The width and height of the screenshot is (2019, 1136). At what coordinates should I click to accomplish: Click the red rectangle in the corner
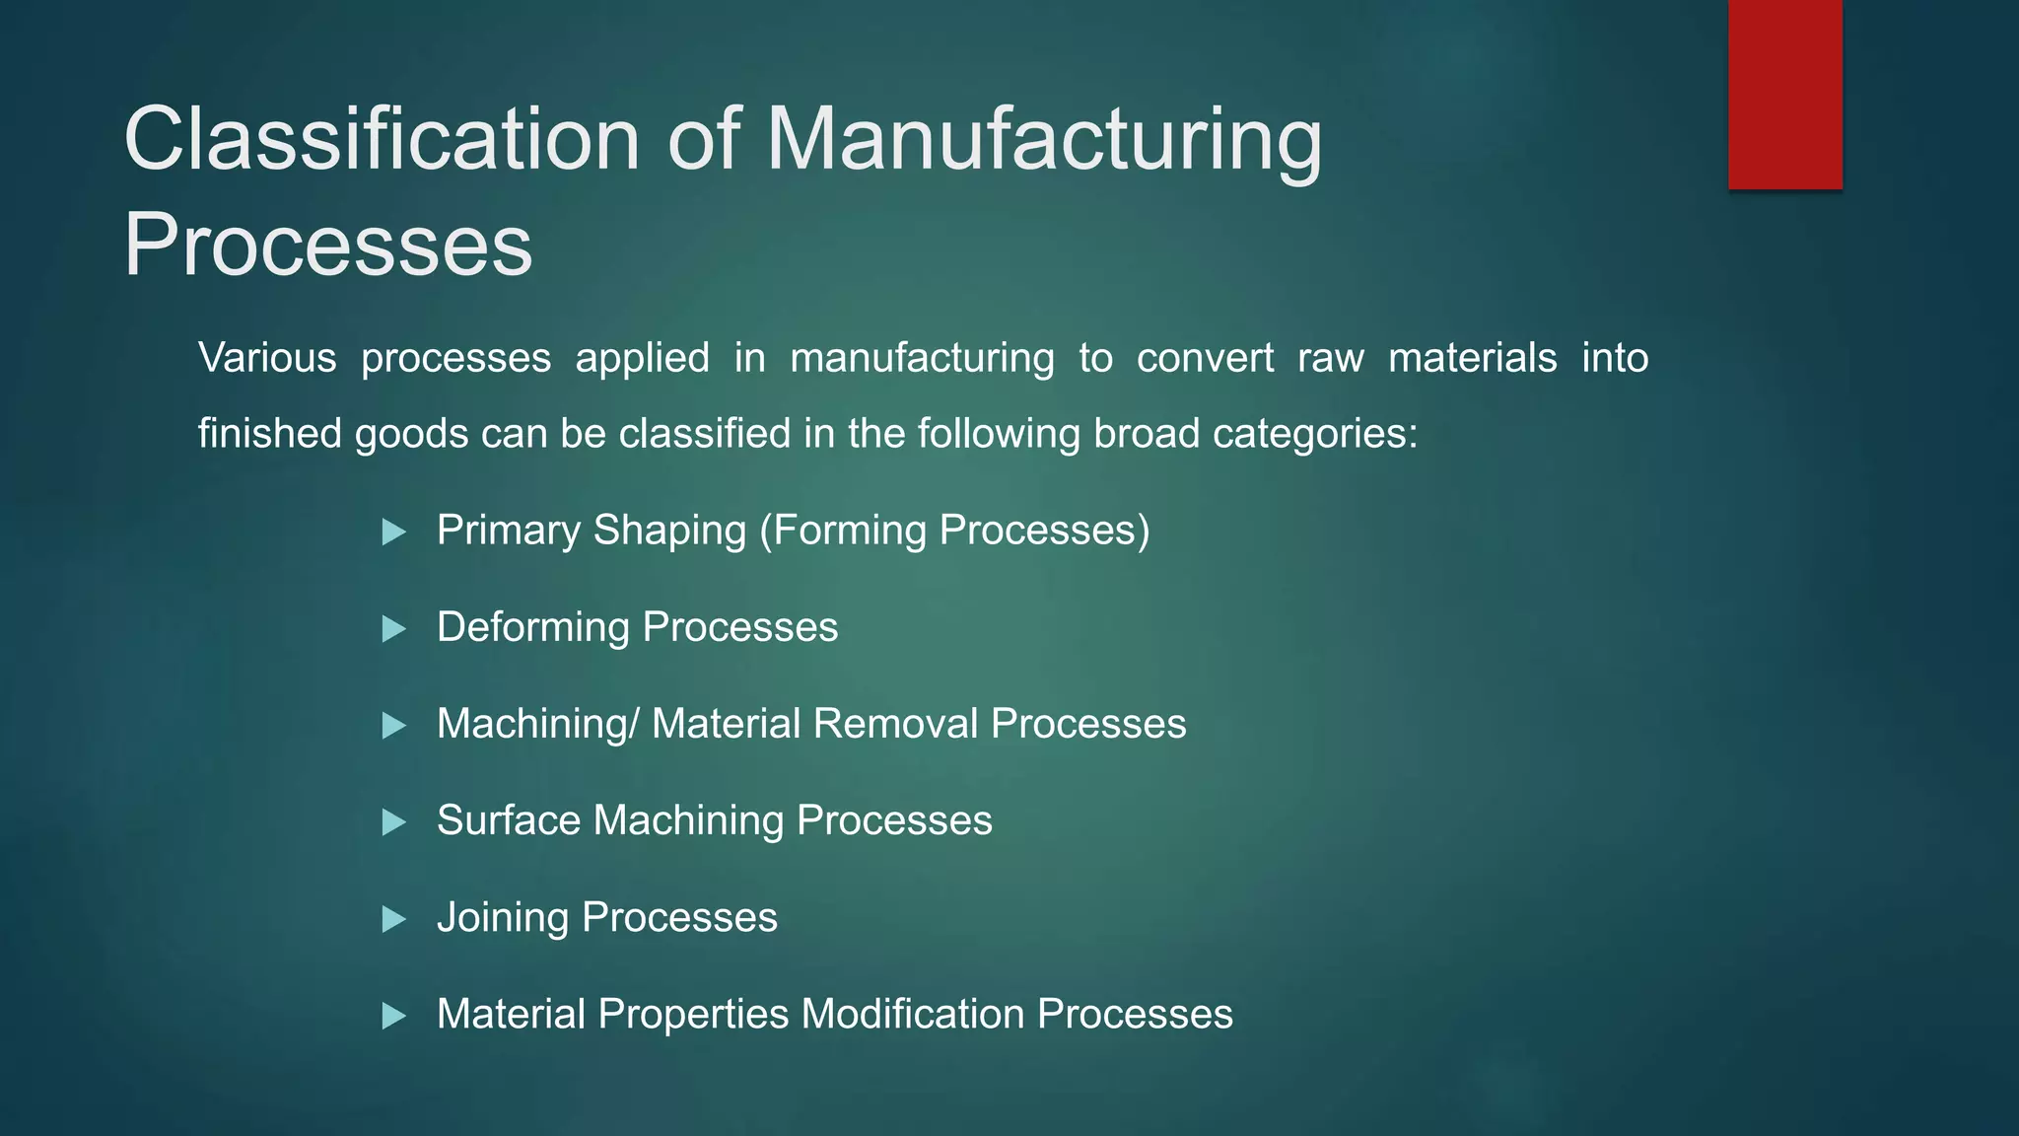point(1784,95)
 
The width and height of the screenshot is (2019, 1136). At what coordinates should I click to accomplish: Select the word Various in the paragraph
point(267,357)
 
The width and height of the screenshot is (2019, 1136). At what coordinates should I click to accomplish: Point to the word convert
point(1205,357)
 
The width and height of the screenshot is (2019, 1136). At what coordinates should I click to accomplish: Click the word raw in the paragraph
point(1330,357)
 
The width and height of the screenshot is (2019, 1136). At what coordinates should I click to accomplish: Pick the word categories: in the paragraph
point(1314,434)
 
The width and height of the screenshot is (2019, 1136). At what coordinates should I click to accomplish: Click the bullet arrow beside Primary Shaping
point(393,532)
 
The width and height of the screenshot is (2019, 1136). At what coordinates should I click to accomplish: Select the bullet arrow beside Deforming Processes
point(393,629)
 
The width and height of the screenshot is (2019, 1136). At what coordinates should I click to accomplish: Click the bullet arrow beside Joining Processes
point(393,919)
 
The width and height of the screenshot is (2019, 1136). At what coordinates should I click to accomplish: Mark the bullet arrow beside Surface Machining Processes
point(393,822)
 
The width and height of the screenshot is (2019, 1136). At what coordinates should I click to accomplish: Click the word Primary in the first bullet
point(509,531)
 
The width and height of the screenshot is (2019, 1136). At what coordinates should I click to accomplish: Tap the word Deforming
point(532,627)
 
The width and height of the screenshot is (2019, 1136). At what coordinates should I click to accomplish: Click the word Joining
point(502,917)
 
